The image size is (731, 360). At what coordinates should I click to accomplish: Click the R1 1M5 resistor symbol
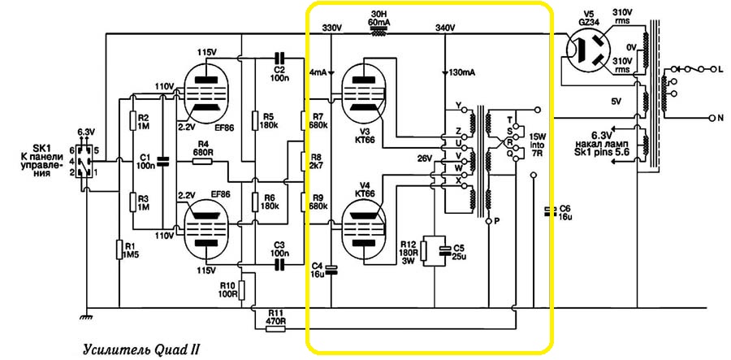pos(119,250)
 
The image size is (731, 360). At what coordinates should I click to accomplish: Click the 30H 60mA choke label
pos(378,19)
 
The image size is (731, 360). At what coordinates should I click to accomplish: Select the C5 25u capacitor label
pos(458,252)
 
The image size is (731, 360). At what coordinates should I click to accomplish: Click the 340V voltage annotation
pos(445,28)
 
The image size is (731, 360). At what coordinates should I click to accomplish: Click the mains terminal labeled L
pos(720,71)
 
